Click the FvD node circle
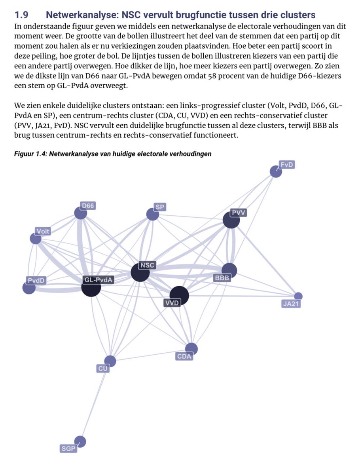point(275,171)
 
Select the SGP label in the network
point(68,448)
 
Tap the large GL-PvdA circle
point(91,286)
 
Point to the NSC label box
point(148,265)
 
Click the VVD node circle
point(179,295)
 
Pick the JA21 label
point(291,304)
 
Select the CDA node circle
point(191,348)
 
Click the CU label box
point(103,369)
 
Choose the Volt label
point(43,231)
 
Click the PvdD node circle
point(29,288)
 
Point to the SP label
point(160,207)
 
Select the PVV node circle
point(231,220)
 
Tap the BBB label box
point(222,278)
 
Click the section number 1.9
point(22,15)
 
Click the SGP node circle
point(80,441)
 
